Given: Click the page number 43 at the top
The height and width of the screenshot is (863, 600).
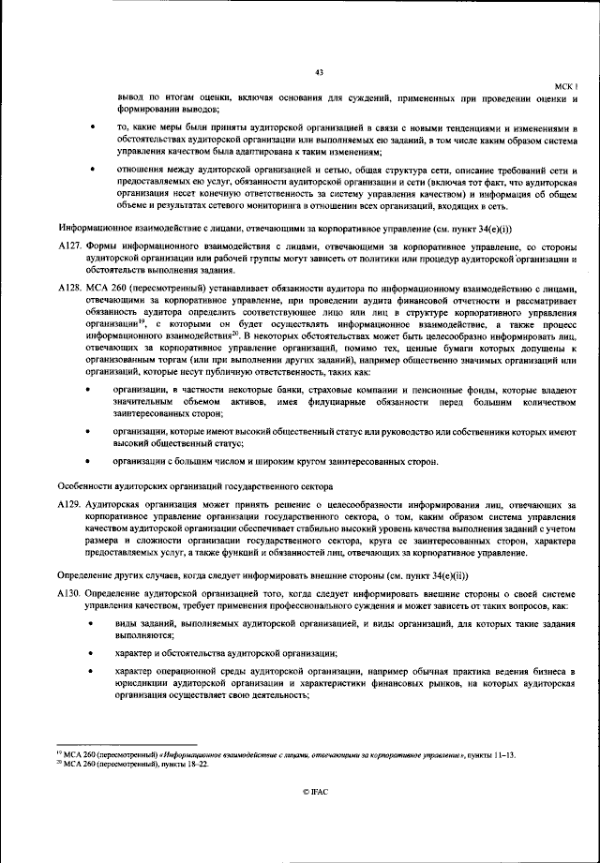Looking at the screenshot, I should click(x=319, y=72).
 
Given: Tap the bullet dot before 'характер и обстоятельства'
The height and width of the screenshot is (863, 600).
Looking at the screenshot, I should click(x=90, y=653).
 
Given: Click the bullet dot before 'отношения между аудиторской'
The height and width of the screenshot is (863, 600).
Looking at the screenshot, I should click(x=90, y=170).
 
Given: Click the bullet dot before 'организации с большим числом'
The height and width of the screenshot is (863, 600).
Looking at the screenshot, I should click(x=90, y=461).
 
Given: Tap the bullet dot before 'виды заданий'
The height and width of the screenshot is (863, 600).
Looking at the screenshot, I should click(x=90, y=623).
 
